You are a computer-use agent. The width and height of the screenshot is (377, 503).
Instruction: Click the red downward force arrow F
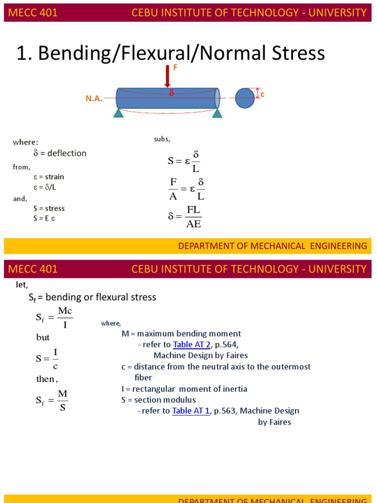[x=167, y=76]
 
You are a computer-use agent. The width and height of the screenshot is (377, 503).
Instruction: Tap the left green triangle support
[x=118, y=113]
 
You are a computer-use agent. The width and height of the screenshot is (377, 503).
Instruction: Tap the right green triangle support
[x=217, y=113]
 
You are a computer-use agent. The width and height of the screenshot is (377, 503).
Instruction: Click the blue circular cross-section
[x=245, y=98]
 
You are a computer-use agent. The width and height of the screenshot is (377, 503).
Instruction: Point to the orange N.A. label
[x=94, y=99]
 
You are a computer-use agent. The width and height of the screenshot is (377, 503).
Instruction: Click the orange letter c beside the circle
[x=263, y=94]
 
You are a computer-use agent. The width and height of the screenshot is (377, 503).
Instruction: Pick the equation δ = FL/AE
[x=185, y=216]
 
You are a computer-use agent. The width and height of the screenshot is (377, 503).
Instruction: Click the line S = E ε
[x=44, y=218]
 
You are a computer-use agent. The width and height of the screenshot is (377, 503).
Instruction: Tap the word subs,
[x=162, y=140]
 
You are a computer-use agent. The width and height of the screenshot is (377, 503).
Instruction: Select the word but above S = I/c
[x=43, y=338]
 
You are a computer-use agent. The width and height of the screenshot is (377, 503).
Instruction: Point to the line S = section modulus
[x=159, y=400]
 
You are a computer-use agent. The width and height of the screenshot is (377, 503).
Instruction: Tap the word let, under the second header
[x=23, y=285]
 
